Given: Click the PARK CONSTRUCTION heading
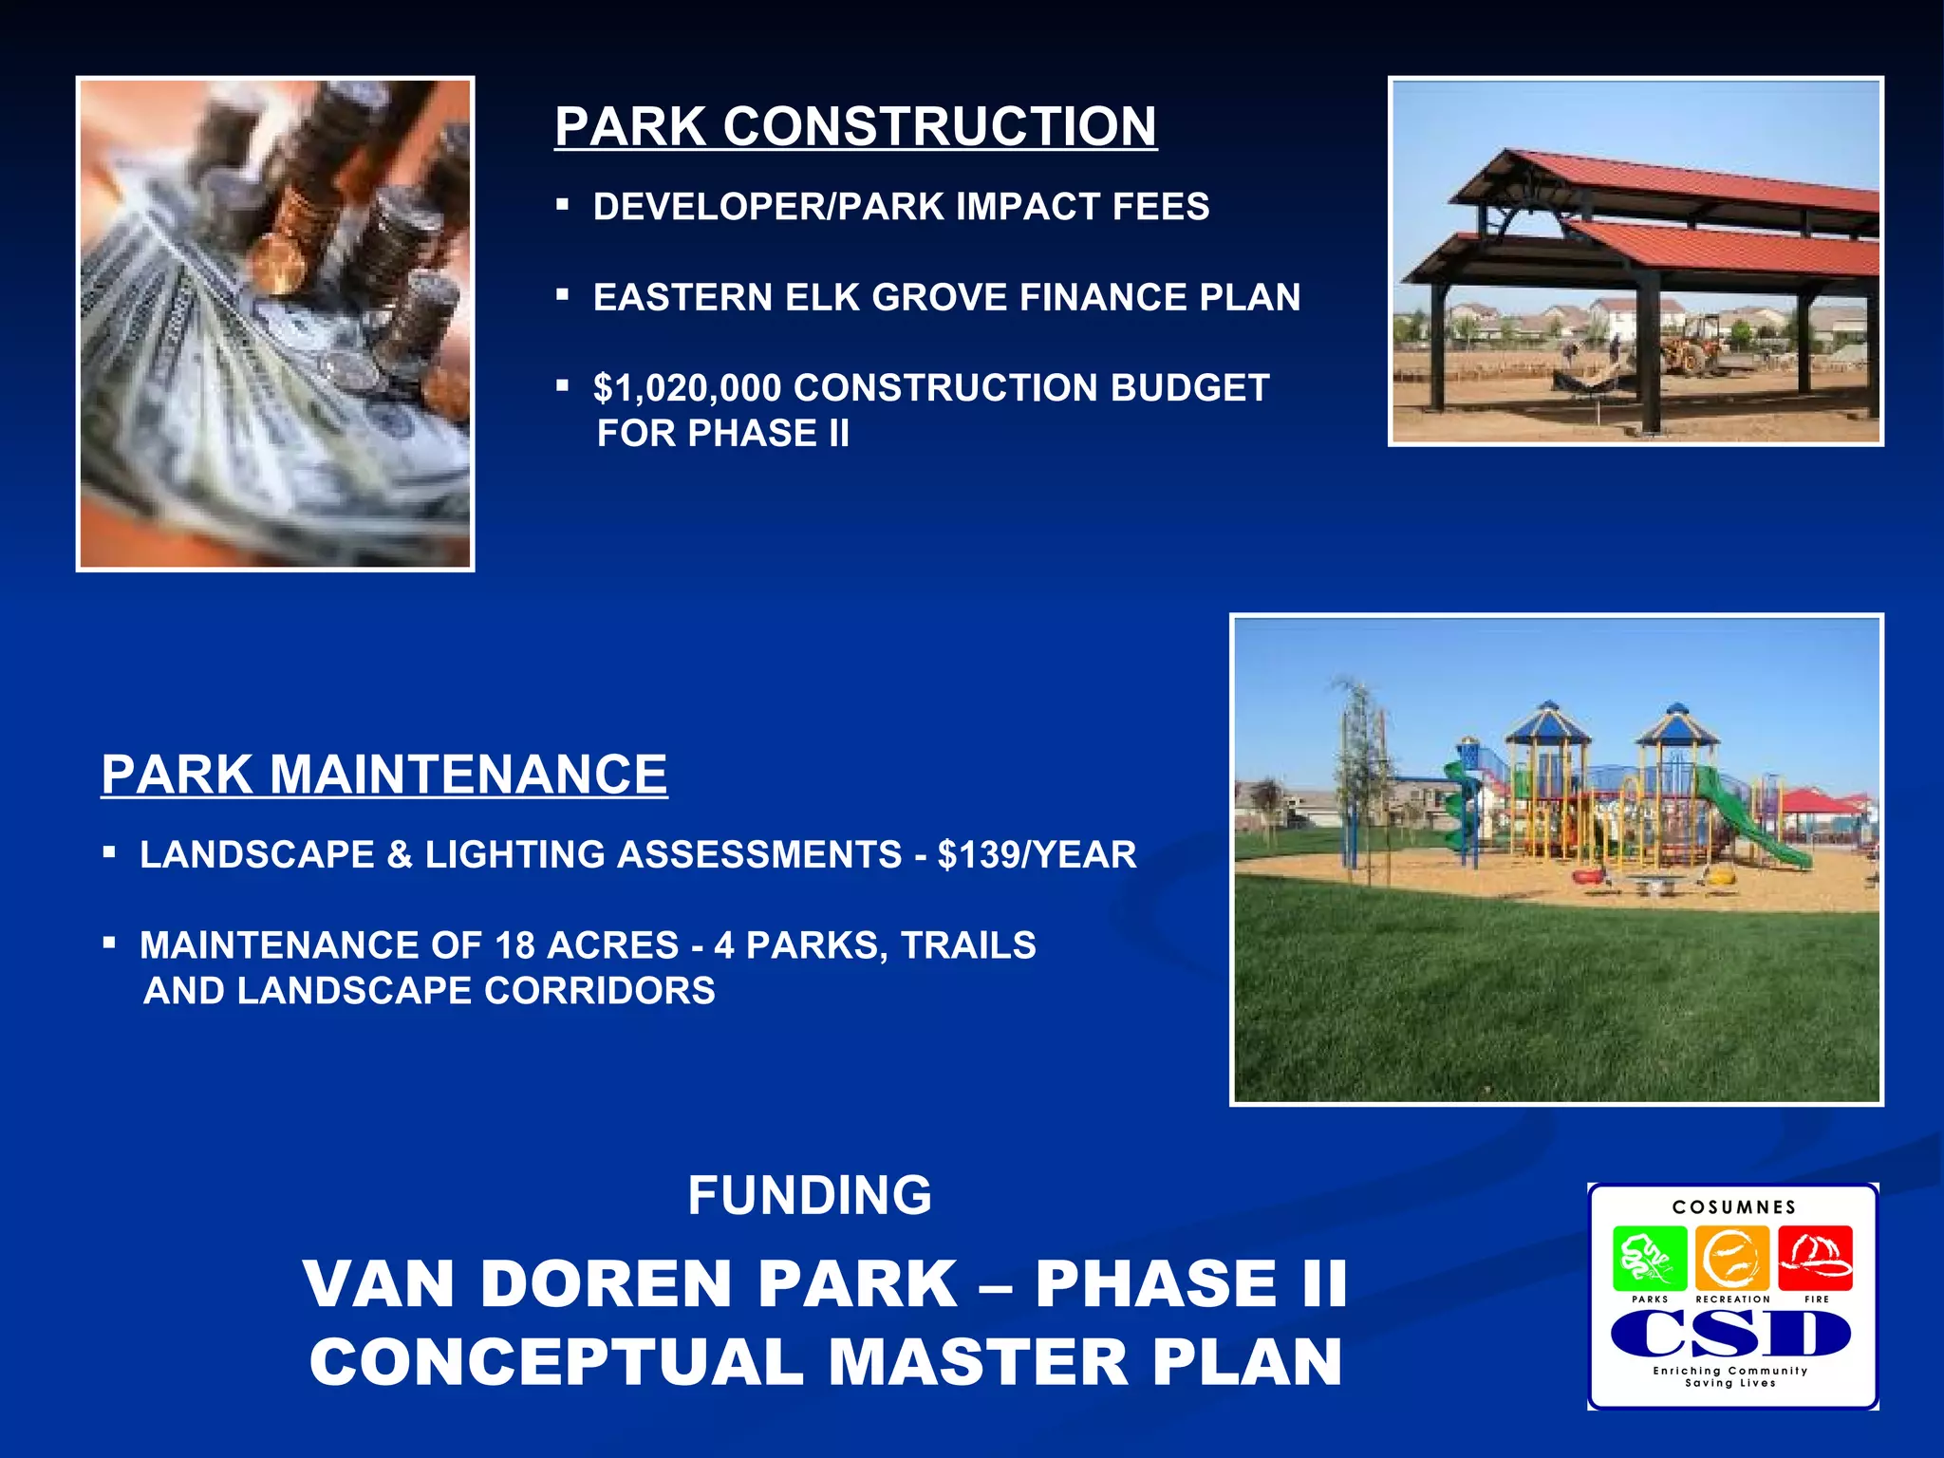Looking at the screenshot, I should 855,126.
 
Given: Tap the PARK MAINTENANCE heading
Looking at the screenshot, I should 384,775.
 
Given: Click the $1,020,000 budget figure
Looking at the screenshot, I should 687,388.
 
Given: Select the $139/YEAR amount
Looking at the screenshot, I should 1037,855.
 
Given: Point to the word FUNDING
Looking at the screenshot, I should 810,1195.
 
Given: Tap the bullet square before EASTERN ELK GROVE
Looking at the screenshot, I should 562,296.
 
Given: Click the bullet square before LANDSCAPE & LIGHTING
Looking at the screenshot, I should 109,853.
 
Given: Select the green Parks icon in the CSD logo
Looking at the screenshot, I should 1650,1258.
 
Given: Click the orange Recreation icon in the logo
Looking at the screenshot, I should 1732,1258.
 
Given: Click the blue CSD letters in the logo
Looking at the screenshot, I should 1730,1336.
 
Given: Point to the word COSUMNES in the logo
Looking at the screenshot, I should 1734,1207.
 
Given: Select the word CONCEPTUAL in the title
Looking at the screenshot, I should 556,1362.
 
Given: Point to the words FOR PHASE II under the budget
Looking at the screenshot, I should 722,434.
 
